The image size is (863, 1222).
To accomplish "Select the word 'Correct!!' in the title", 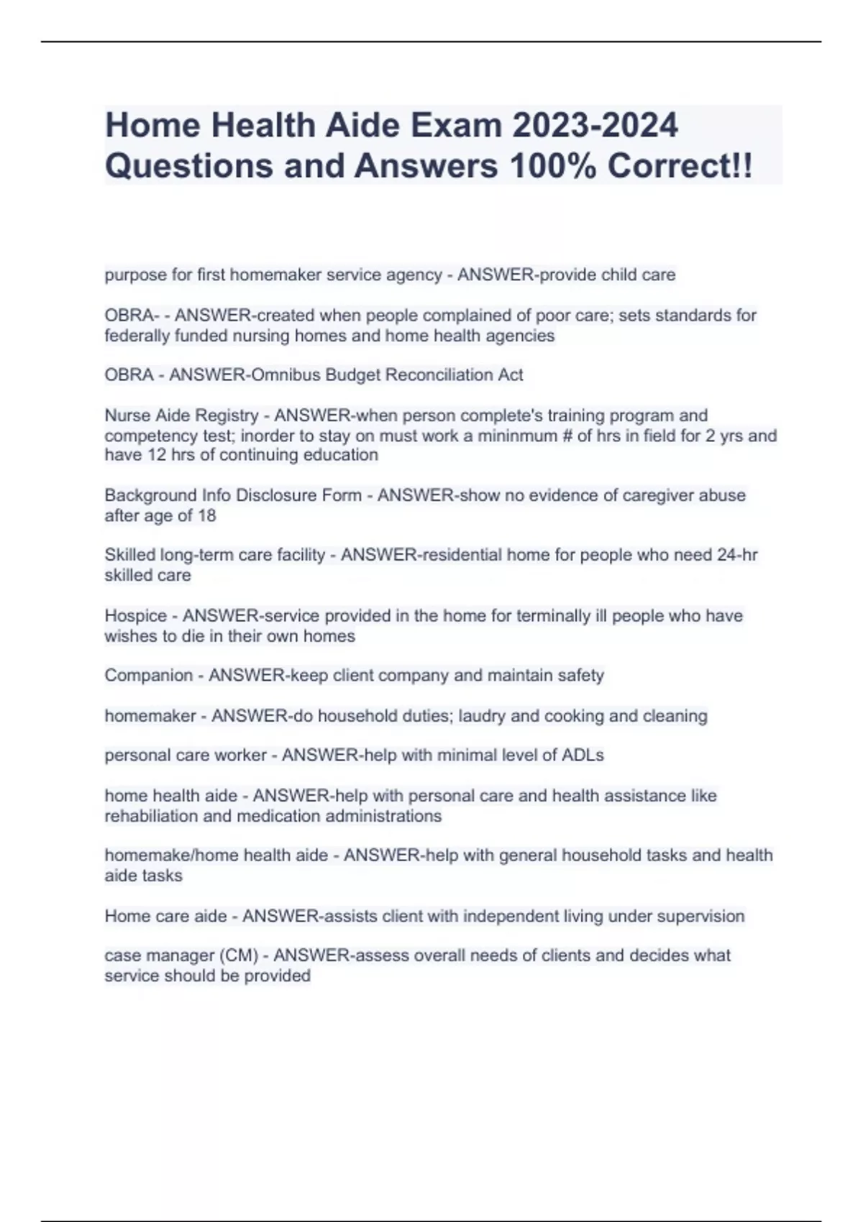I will coord(680,166).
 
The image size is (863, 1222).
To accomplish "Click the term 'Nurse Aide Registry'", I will coord(181,415).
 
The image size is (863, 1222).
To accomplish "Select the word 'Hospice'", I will coord(136,615).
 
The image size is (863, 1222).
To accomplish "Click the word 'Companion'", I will coord(149,675).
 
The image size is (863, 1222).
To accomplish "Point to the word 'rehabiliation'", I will coord(153,816).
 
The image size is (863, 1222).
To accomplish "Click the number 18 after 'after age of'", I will coord(207,515).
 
